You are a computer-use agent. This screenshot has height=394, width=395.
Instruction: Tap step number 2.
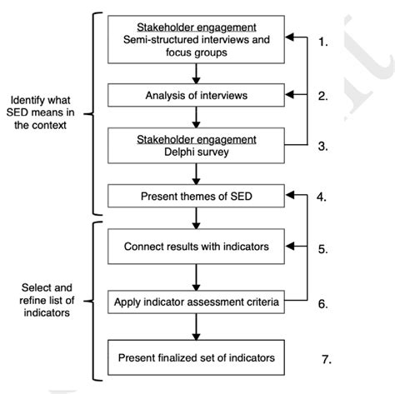tap(326, 97)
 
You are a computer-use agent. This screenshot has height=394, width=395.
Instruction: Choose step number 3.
tap(326, 147)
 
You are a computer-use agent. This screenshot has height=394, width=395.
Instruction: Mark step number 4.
tap(326, 197)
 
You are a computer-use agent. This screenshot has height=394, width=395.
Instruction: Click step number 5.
tap(326, 247)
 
